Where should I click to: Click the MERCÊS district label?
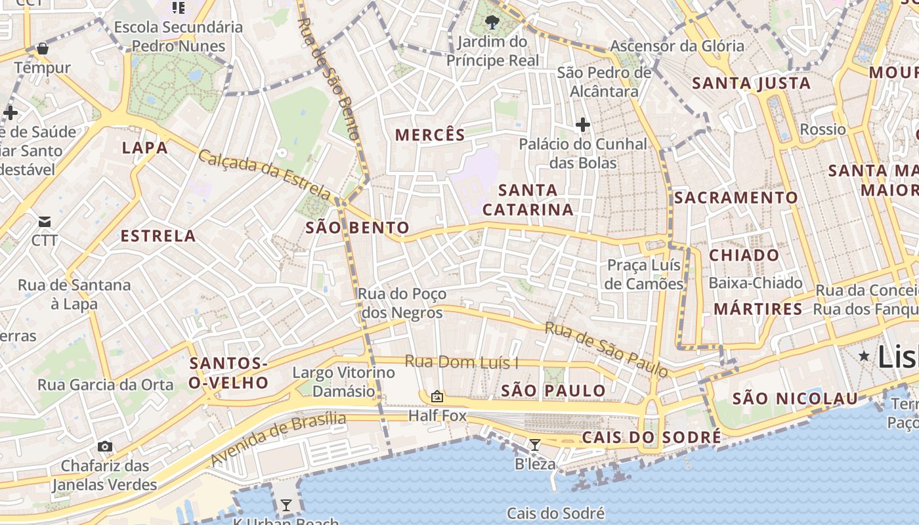tap(430, 135)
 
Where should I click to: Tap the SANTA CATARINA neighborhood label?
tap(528, 199)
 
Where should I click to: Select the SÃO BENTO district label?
tap(358, 228)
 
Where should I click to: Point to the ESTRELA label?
tap(158, 236)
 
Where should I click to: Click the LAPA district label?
tap(145, 148)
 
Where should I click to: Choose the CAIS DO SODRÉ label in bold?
tap(651, 438)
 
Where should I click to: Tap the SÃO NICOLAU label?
tap(795, 398)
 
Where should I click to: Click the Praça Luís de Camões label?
tap(645, 274)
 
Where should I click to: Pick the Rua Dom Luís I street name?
tap(461, 362)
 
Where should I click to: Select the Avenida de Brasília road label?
tap(278, 438)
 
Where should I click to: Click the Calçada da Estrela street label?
tap(265, 174)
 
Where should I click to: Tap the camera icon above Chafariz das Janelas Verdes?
tap(104, 447)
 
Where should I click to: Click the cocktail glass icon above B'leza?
tap(535, 445)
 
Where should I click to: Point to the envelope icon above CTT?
tap(45, 222)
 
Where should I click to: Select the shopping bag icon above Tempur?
tap(43, 49)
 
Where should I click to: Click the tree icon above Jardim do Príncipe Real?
tap(492, 23)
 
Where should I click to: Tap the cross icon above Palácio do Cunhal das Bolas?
tap(582, 124)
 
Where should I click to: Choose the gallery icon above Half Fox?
tap(437, 396)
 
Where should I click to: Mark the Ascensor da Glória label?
tap(677, 46)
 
